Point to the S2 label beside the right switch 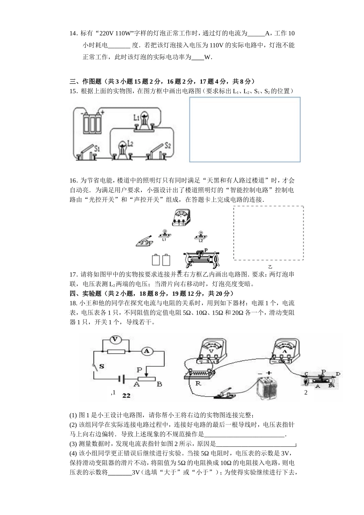(167, 146)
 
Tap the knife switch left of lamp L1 (145, 241)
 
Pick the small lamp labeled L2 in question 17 (200, 235)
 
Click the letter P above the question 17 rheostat (206, 249)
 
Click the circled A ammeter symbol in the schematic (146, 351)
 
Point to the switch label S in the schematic (102, 366)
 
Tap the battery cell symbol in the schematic (122, 379)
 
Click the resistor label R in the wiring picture (198, 383)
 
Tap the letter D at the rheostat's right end (338, 374)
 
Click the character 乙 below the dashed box (270, 267)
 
